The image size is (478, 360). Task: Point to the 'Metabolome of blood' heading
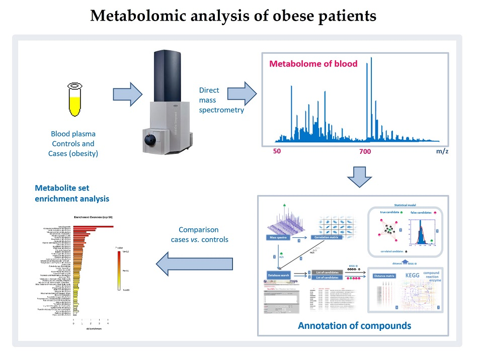click(313, 64)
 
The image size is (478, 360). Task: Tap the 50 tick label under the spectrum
click(277, 151)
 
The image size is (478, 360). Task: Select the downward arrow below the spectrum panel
click(359, 177)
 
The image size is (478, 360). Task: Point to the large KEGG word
click(416, 276)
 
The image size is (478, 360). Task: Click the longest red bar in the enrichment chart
click(93, 227)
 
